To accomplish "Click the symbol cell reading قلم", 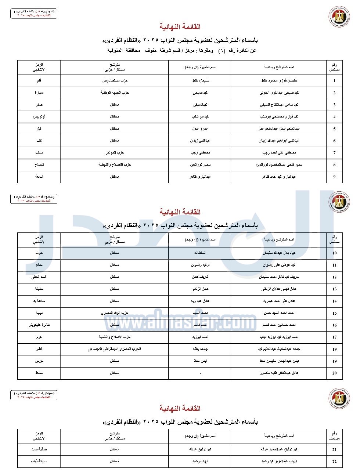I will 39,81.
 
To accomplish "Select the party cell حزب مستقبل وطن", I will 115,81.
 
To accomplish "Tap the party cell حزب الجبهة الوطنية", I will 115,93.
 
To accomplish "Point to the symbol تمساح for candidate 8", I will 39,165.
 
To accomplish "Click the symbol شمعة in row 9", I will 39,177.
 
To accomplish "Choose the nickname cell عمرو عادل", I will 200,129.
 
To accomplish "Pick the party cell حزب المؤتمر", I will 115,153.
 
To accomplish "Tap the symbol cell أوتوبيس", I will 39,117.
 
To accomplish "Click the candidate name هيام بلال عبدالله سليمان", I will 279,253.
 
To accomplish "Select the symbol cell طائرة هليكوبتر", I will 39,325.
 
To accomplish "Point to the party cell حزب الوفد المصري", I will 115,313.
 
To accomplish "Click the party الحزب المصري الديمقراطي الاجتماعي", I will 115,349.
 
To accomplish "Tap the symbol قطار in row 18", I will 39,349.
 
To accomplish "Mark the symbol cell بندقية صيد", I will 39,449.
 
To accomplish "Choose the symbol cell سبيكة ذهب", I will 39,461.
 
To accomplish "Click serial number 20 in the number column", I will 334,373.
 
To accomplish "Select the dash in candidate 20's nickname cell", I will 200,373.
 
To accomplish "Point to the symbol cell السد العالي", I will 39,277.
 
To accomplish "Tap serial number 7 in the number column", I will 334,153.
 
